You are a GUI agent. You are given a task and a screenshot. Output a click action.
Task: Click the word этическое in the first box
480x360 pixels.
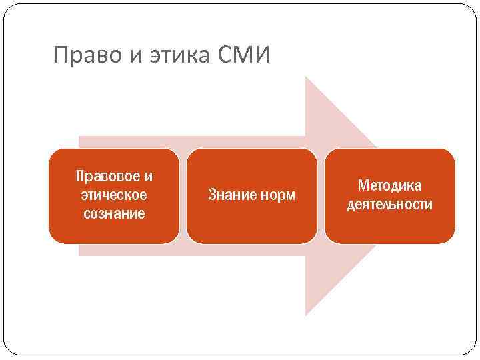click(x=114, y=195)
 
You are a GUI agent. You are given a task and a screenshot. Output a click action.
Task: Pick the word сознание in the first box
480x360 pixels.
click(x=114, y=214)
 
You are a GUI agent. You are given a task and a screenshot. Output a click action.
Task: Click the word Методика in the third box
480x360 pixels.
click(x=390, y=185)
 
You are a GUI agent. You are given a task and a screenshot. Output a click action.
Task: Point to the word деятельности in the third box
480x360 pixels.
click(x=390, y=204)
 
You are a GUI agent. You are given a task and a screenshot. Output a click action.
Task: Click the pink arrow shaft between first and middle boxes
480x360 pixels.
click(x=183, y=195)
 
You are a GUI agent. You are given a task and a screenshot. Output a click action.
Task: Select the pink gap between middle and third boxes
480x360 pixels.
click(x=321, y=195)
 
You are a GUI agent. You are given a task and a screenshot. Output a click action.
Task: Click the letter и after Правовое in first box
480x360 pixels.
click(x=148, y=177)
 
